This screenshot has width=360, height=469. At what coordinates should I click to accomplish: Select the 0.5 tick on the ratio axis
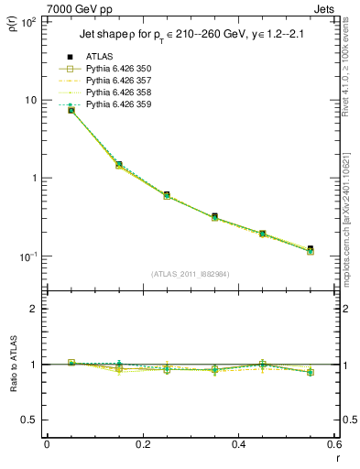33,420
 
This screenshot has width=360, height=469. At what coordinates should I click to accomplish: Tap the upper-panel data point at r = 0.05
71,110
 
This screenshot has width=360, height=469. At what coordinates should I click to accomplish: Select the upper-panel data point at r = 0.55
311,249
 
